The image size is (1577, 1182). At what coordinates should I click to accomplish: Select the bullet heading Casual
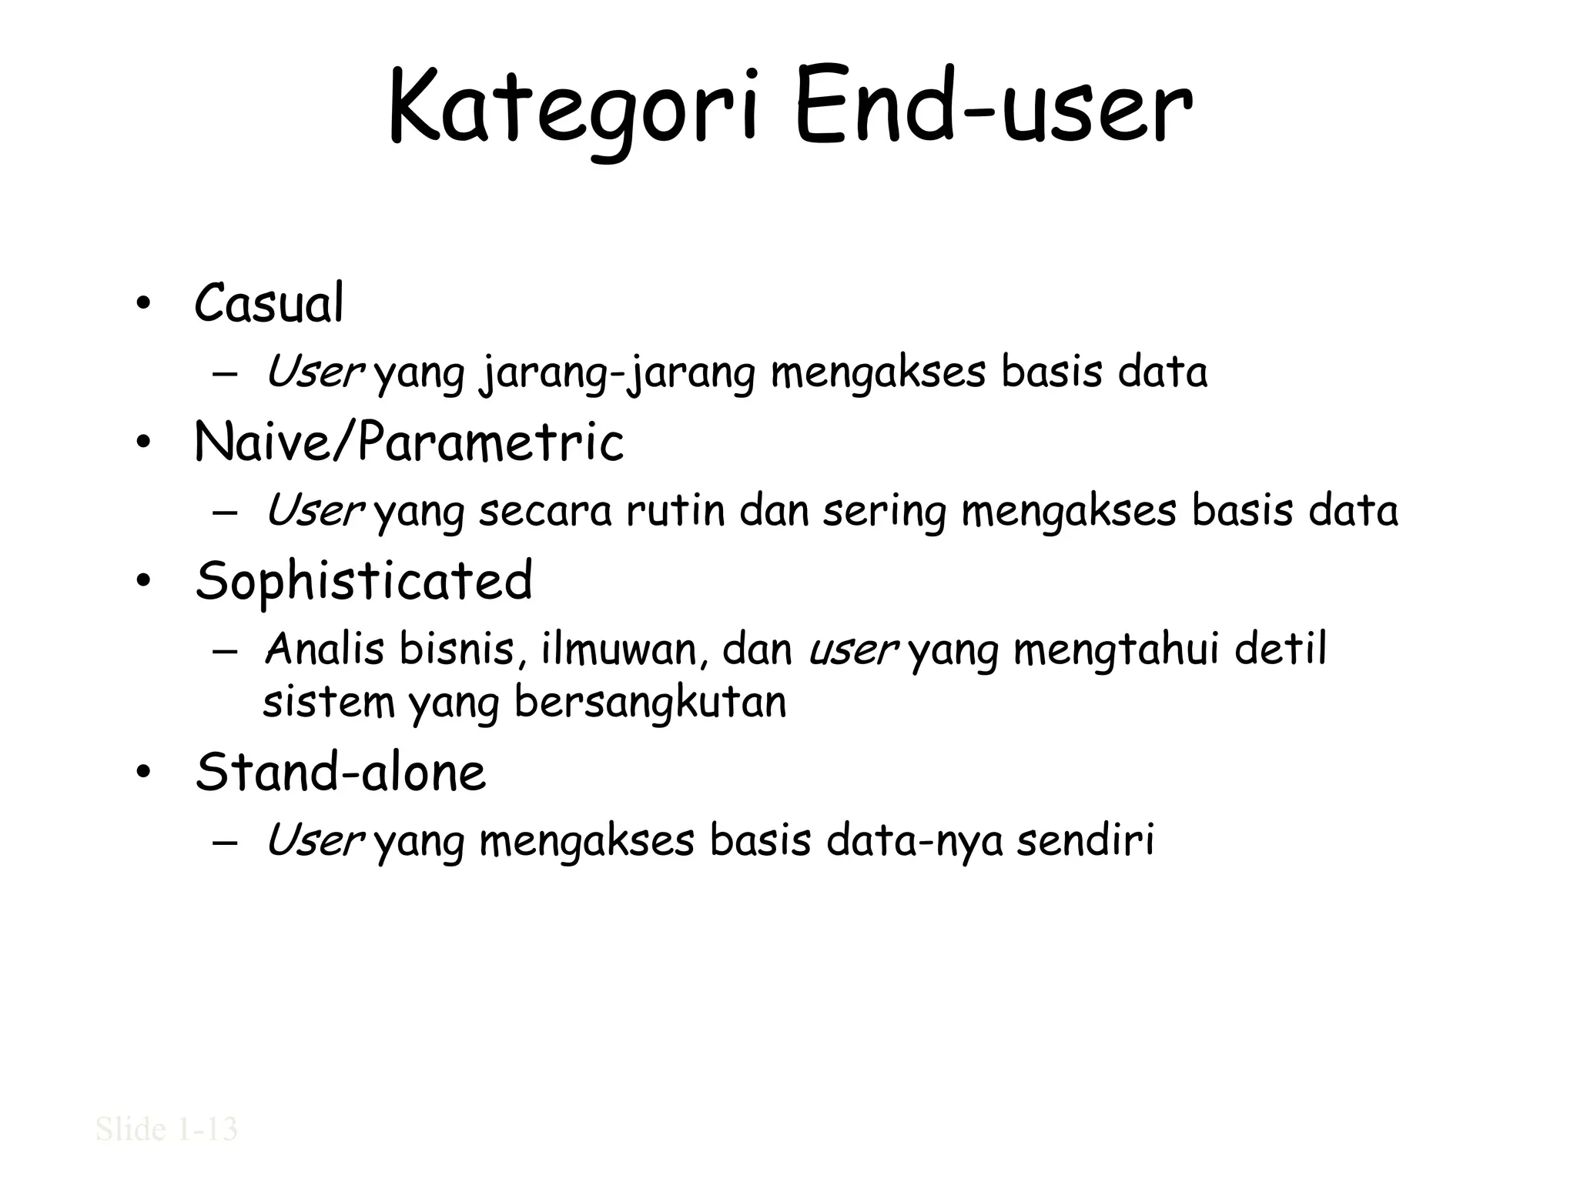[x=269, y=304]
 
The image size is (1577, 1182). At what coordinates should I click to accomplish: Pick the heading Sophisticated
[x=363, y=581]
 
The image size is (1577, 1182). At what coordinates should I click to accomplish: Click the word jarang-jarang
[x=617, y=373]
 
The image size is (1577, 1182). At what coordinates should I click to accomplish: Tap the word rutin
[x=675, y=511]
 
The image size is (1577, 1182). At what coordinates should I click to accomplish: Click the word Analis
[x=324, y=649]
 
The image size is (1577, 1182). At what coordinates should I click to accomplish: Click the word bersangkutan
[x=650, y=703]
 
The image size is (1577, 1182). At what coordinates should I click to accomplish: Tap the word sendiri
[x=1086, y=840]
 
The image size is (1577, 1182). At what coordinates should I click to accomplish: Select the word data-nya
[x=915, y=841]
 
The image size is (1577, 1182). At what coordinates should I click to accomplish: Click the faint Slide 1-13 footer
[x=166, y=1130]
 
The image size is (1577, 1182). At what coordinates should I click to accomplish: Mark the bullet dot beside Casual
[x=142, y=306]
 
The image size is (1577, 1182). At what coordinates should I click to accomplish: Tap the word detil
[x=1281, y=649]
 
